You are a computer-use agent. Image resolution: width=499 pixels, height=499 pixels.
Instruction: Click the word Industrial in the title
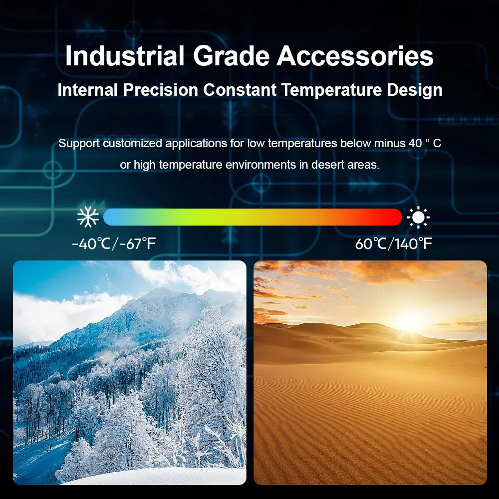124,56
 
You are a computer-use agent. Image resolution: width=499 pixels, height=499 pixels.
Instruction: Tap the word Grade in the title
232,56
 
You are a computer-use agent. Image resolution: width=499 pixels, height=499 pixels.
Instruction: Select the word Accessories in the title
355,56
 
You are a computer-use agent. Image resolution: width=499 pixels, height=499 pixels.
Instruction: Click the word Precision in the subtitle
161,90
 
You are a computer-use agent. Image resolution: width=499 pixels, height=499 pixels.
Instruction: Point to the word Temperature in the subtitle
332,90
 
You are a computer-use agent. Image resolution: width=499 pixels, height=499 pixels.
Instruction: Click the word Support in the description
79,144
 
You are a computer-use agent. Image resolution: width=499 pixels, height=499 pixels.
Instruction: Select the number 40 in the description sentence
415,143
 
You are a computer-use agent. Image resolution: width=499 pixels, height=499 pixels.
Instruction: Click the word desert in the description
325,165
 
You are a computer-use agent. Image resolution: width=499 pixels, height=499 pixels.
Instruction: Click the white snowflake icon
88,217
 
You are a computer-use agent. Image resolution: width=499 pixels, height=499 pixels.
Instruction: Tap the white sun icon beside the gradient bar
418,218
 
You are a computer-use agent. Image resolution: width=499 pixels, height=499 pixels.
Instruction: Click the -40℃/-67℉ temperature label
114,244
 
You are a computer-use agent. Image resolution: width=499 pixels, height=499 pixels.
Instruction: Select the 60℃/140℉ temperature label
394,244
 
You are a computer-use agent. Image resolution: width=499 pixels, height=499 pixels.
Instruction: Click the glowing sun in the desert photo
411,321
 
